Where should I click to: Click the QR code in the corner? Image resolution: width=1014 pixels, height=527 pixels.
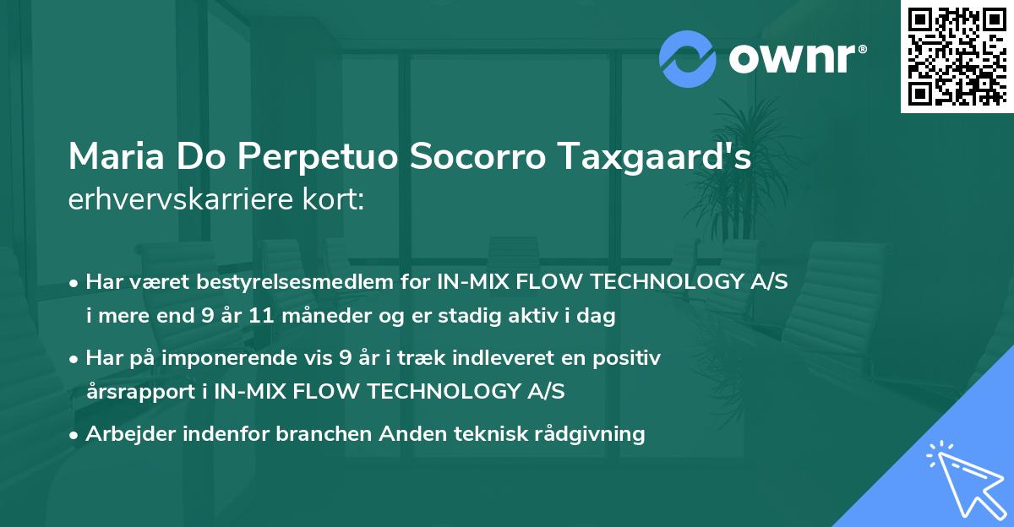point(957,57)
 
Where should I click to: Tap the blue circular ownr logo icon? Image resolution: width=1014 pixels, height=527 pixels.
point(688,58)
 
